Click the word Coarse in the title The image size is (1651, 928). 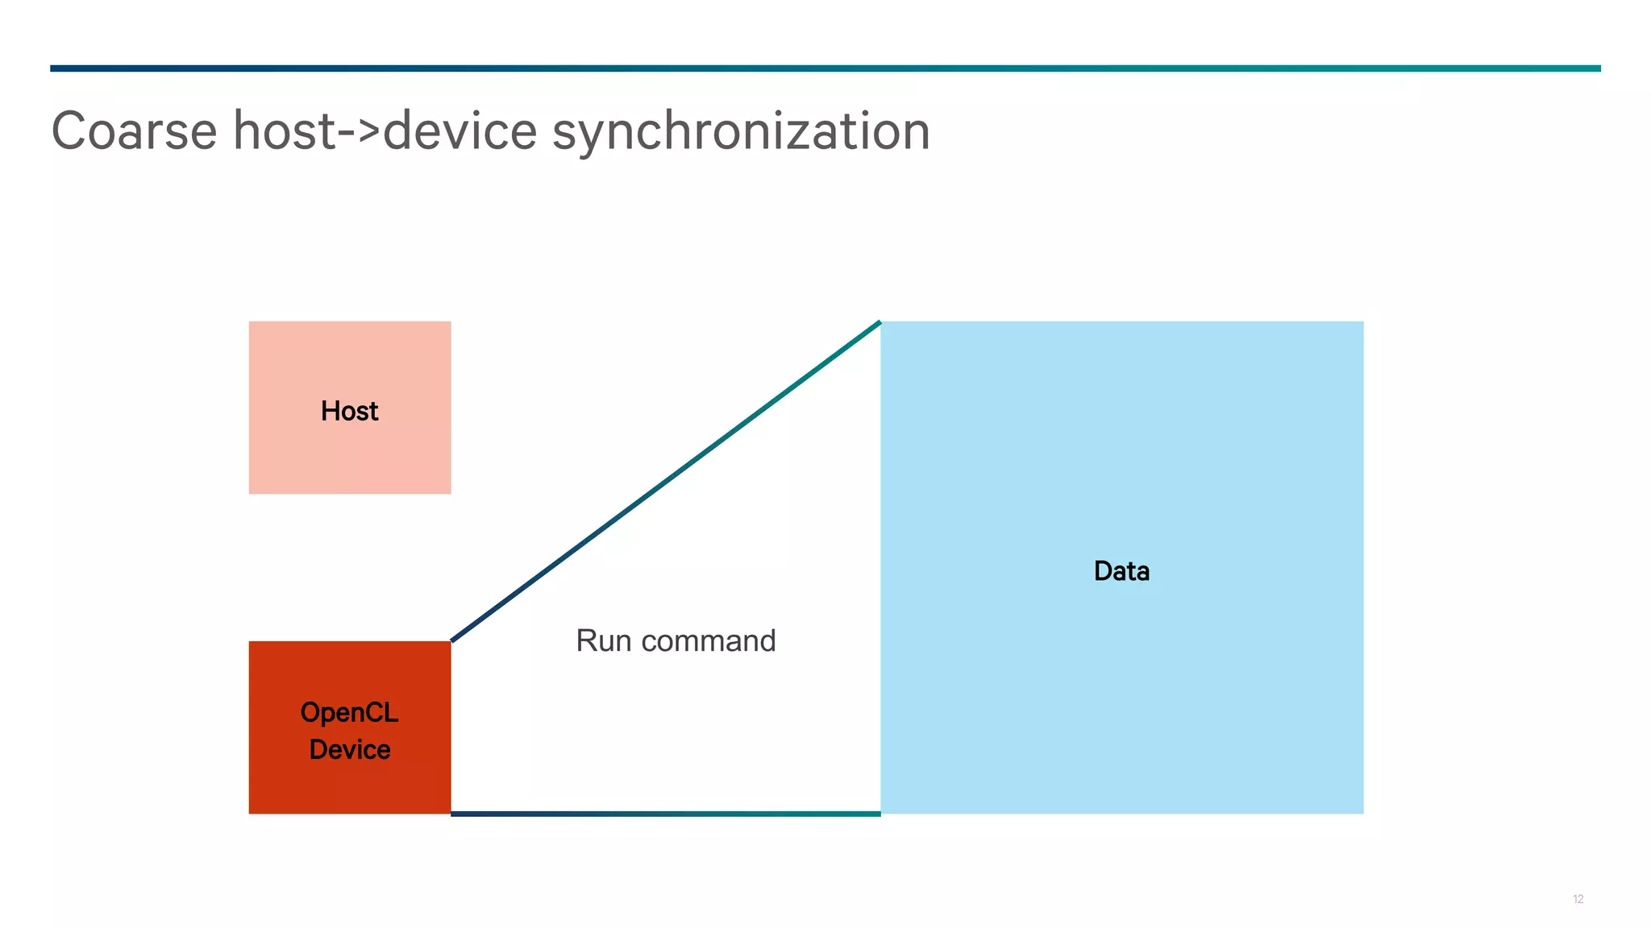135,131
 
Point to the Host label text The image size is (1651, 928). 349,411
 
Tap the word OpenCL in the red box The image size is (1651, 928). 349,713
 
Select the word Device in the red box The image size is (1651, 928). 350,750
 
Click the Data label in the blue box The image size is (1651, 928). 1121,571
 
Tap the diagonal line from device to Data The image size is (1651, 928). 666,482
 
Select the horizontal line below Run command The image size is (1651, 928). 666,814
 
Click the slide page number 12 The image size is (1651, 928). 1578,899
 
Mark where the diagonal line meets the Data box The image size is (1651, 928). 880,323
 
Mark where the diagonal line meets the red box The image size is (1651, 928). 452,641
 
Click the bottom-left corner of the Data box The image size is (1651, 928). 882,812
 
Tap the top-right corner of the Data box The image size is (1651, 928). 1362,323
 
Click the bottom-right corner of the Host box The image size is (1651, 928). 449,492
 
